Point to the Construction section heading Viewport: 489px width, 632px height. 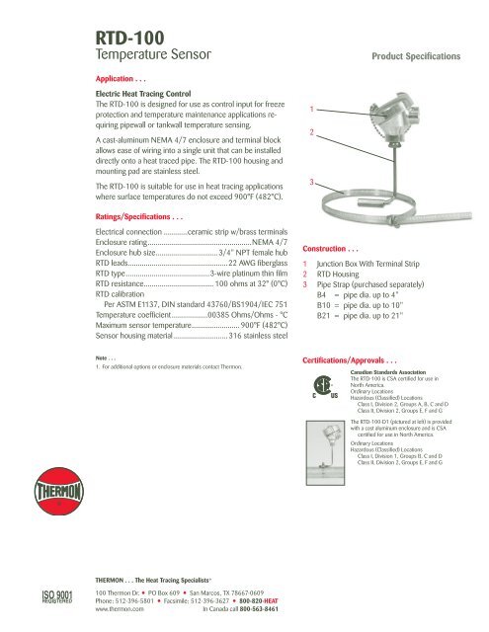pyautogui.click(x=338, y=247)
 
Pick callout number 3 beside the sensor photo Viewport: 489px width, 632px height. pyautogui.click(x=312, y=182)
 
